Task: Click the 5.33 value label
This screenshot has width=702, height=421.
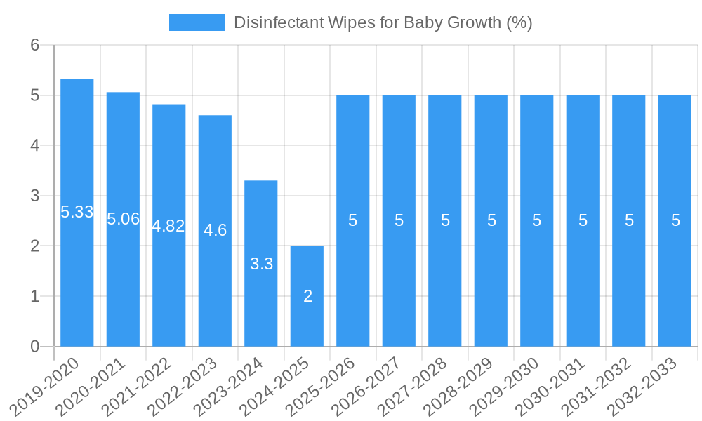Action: pos(77,212)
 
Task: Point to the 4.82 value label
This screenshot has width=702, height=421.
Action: pos(168,226)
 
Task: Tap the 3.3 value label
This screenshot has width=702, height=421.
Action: pos(261,265)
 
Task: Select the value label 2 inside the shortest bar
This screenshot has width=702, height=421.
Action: pos(307,296)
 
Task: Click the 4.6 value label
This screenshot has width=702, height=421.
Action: pos(215,230)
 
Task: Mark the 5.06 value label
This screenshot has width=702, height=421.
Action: pos(123,219)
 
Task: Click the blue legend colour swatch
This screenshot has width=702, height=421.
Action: pos(197,22)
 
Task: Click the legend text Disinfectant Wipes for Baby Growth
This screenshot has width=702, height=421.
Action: pos(383,22)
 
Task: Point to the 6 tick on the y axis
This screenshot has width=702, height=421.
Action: pos(36,45)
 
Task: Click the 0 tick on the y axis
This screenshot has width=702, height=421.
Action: pos(36,347)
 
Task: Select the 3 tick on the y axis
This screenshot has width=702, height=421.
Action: pos(36,196)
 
